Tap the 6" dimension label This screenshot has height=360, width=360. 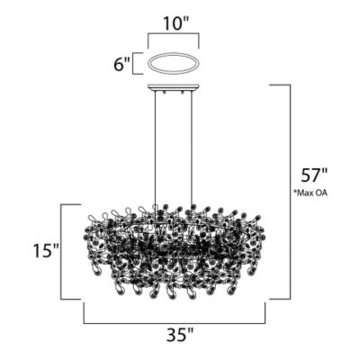pyautogui.click(x=121, y=64)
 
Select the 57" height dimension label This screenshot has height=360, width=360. pyautogui.click(x=313, y=175)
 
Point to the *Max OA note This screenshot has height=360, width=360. pyautogui.click(x=310, y=193)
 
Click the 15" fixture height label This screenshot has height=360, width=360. pyautogui.click(x=45, y=250)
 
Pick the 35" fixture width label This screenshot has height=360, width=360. pyautogui.click(x=180, y=334)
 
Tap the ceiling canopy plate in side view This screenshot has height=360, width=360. pyautogui.click(x=174, y=87)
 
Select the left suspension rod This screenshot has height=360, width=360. pyautogui.click(x=155, y=148)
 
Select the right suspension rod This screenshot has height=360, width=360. pyautogui.click(x=191, y=148)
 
